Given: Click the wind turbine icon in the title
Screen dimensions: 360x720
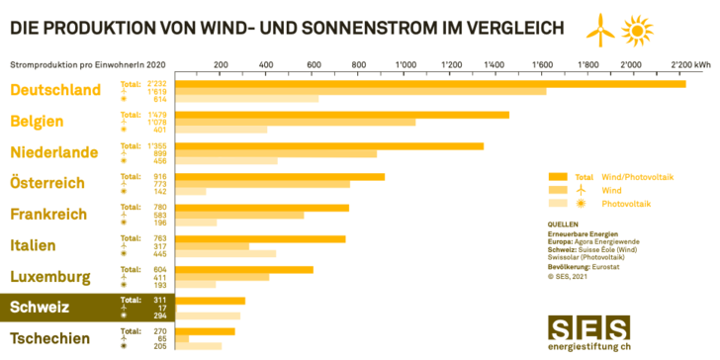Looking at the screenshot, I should click(597, 32).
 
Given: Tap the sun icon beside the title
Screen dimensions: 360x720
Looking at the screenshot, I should click(637, 33).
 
